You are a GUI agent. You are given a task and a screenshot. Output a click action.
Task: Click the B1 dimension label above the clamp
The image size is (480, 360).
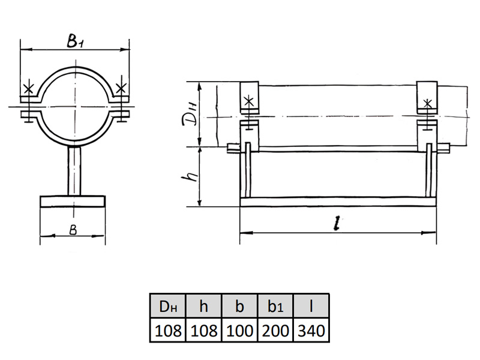74,41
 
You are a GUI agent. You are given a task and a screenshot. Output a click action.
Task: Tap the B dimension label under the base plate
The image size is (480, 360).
73,230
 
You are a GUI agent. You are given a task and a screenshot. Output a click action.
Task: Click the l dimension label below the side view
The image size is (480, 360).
337,223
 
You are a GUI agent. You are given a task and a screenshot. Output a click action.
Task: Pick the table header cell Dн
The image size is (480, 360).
168,306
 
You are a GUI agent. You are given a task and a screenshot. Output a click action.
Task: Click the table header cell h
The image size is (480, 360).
203,306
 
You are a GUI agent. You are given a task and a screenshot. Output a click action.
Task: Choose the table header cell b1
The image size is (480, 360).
275,306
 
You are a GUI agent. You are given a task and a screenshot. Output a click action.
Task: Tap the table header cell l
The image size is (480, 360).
311,306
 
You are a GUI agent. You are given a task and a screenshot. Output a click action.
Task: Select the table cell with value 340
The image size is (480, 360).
311,330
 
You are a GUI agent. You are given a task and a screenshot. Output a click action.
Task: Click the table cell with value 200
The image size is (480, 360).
275,330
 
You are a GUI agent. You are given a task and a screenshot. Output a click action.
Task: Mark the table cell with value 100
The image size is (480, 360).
239,330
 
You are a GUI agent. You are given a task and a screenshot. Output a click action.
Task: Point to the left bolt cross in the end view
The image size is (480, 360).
28,89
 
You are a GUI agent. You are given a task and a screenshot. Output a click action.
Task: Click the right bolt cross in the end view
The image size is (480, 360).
121,88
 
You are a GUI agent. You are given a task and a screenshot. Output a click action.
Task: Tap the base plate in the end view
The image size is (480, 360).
73,202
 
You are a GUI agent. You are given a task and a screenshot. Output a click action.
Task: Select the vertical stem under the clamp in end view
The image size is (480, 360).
74,171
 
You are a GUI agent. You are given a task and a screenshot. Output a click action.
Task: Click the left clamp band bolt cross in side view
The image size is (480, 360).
249,101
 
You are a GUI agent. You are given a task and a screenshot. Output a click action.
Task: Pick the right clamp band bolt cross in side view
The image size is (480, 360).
427,104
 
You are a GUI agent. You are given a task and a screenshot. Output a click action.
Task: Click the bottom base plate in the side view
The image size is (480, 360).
338,202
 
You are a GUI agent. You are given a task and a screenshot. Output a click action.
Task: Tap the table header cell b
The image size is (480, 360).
239,306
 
